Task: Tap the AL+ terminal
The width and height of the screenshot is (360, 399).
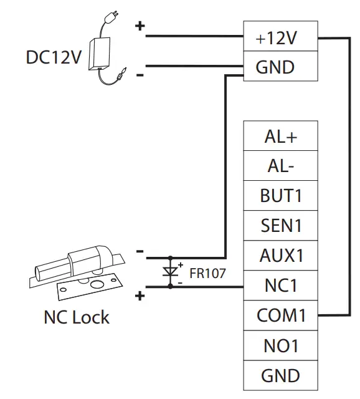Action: point(280,137)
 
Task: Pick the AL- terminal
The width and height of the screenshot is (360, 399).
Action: point(280,166)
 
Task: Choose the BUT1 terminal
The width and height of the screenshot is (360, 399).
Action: point(280,196)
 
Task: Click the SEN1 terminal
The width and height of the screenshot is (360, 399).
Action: point(280,226)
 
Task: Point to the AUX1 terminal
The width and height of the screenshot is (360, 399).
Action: point(280,256)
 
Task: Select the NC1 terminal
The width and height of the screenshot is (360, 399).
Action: point(280,286)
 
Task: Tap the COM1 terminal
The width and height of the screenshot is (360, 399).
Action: point(280,315)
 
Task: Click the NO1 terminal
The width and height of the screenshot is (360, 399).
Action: point(280,345)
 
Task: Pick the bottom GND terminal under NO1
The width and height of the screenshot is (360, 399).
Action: point(280,375)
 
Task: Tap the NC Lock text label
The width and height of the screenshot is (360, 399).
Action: point(76,317)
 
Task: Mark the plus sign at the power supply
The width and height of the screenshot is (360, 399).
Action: point(140,26)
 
